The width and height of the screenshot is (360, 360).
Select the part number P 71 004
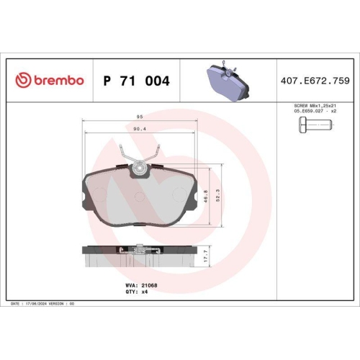tap(137, 81)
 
